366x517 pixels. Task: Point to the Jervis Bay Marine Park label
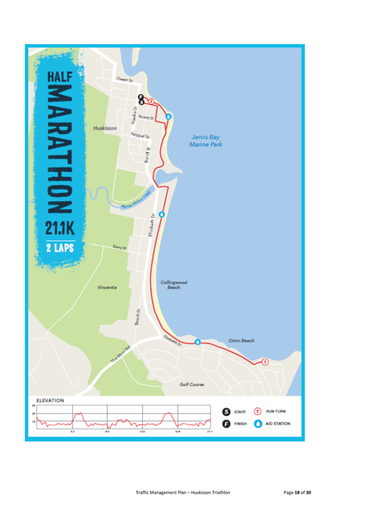pyautogui.click(x=206, y=141)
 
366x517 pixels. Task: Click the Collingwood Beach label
pyautogui.click(x=174, y=284)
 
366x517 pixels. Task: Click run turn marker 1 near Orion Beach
pyautogui.click(x=265, y=362)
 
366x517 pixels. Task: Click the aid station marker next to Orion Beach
pyautogui.click(x=198, y=341)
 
